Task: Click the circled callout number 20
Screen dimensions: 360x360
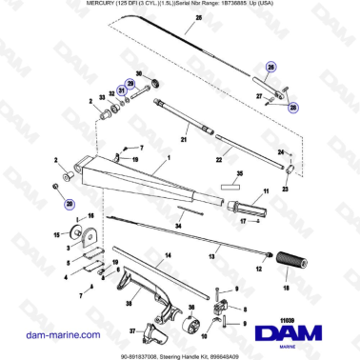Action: (68, 203)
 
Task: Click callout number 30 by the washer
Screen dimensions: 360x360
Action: (139, 73)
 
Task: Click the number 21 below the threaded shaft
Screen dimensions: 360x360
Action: (186, 141)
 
